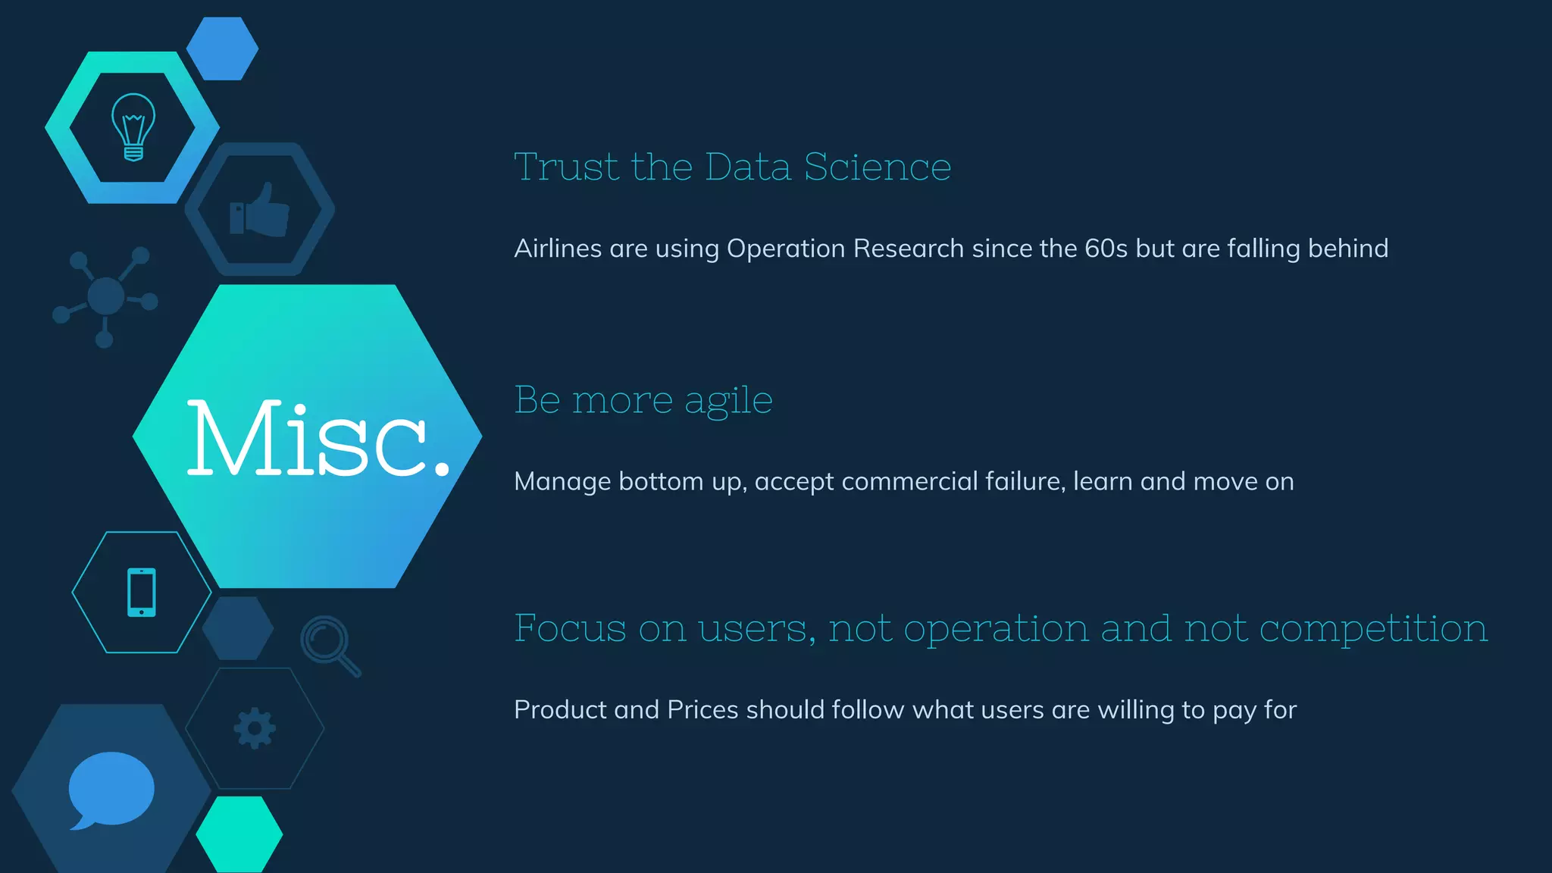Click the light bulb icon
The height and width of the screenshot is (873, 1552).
click(133, 127)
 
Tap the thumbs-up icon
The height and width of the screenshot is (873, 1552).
click(260, 210)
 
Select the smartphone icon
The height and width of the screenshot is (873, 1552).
click(142, 592)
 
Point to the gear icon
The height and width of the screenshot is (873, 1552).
click(255, 728)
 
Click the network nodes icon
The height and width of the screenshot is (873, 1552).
click(105, 296)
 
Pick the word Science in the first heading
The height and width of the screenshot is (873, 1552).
click(877, 167)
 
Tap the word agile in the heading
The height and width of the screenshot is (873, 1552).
click(728, 400)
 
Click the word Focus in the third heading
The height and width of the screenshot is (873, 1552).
click(570, 628)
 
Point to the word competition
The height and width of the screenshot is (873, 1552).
click(1373, 630)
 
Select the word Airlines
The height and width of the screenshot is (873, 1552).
click(557, 249)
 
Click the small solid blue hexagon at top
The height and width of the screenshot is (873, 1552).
click(222, 48)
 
